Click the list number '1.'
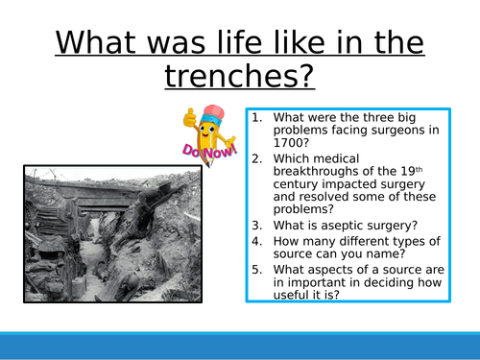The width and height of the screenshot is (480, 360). click(x=258, y=116)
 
